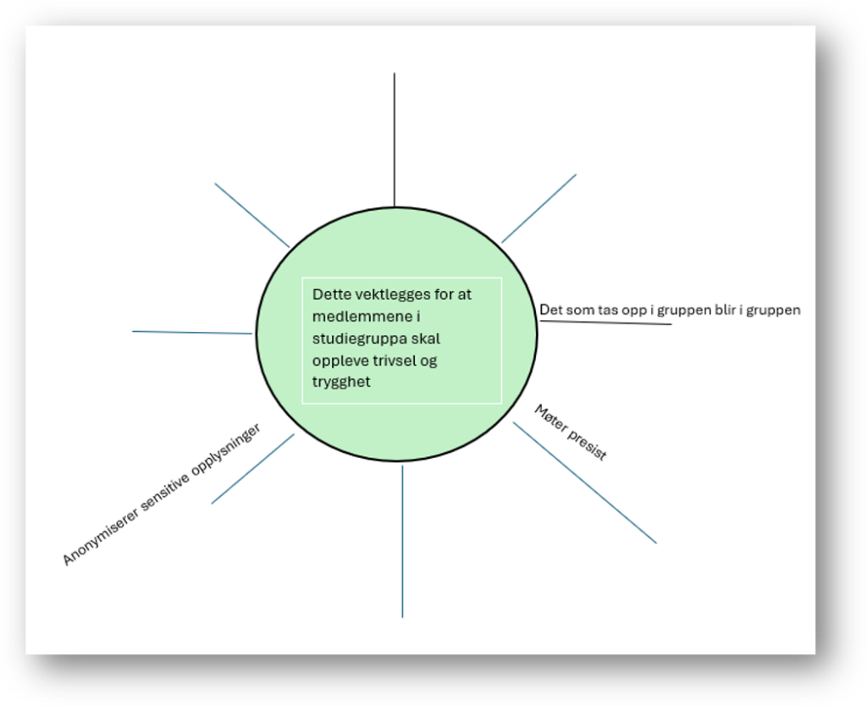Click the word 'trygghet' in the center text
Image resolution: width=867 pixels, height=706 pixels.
pos(341,382)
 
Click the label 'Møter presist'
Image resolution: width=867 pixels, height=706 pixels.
pos(571,433)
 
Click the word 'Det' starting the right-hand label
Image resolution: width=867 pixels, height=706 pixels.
pos(550,310)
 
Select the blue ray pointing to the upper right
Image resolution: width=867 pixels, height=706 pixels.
pos(538,208)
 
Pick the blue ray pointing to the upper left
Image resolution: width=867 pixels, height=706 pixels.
pos(251,215)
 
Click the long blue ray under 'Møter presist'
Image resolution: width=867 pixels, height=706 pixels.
pos(584,483)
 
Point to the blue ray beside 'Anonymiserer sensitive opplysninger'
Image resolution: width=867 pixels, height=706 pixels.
pos(252,469)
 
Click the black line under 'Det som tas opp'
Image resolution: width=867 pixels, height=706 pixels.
pos(605,323)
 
